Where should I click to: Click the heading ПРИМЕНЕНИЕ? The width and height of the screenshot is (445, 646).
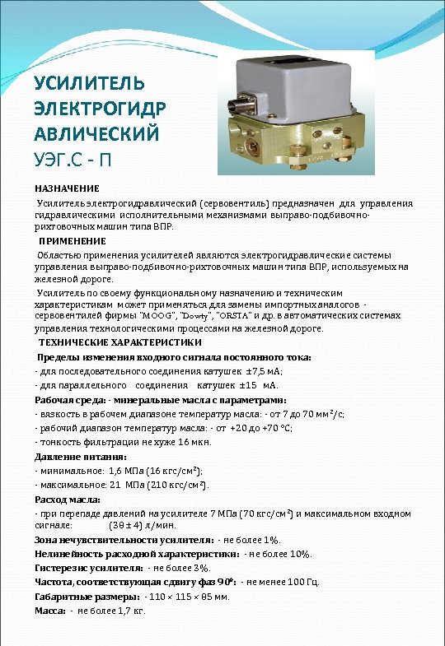(x=73, y=241)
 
